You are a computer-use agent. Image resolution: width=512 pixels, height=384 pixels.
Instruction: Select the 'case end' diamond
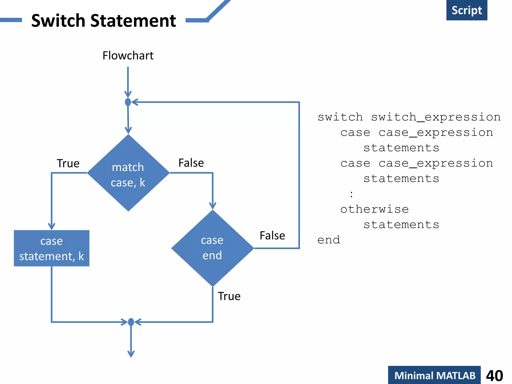212,248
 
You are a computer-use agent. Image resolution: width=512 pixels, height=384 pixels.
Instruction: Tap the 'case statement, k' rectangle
51,248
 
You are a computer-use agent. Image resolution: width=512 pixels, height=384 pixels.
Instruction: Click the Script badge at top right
466,10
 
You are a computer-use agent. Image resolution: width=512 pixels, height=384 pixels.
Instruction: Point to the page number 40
494,375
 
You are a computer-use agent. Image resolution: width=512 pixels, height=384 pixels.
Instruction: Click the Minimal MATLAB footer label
434,375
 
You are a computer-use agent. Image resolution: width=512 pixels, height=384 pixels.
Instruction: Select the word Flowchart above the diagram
128,55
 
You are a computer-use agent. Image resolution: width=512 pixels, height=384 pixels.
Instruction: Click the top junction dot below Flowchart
128,102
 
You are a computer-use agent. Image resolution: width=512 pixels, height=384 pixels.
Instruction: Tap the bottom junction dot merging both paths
131,322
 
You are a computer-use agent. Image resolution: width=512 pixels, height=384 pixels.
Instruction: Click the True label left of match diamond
68,163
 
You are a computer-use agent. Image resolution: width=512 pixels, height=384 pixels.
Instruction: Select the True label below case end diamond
229,296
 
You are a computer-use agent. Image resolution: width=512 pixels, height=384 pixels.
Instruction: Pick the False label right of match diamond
191,163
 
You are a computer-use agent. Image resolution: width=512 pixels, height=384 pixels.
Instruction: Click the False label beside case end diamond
272,235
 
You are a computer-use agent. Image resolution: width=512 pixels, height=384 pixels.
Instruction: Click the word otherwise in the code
374,209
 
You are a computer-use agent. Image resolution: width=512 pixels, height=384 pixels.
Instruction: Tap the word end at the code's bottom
328,240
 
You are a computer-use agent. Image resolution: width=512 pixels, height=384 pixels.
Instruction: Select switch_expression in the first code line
435,117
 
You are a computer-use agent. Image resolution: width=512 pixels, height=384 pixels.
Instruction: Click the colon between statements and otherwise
351,194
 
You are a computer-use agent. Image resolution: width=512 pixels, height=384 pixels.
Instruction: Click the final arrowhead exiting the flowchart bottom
131,354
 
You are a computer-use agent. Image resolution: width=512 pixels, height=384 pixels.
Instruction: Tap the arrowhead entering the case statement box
51,226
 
